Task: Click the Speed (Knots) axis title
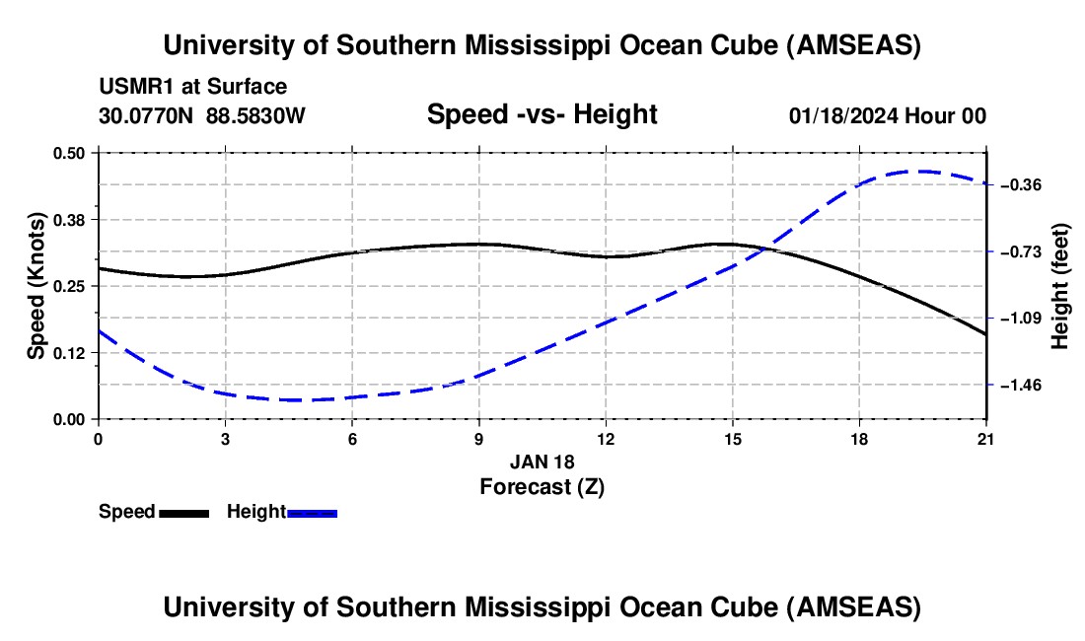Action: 36,286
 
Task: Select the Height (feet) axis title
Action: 1060,286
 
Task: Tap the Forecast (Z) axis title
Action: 542,486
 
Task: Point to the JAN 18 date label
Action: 542,462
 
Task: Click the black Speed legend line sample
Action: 183,513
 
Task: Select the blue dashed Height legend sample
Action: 312,513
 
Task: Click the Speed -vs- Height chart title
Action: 542,114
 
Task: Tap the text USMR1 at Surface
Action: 193,87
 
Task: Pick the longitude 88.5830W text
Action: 255,115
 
